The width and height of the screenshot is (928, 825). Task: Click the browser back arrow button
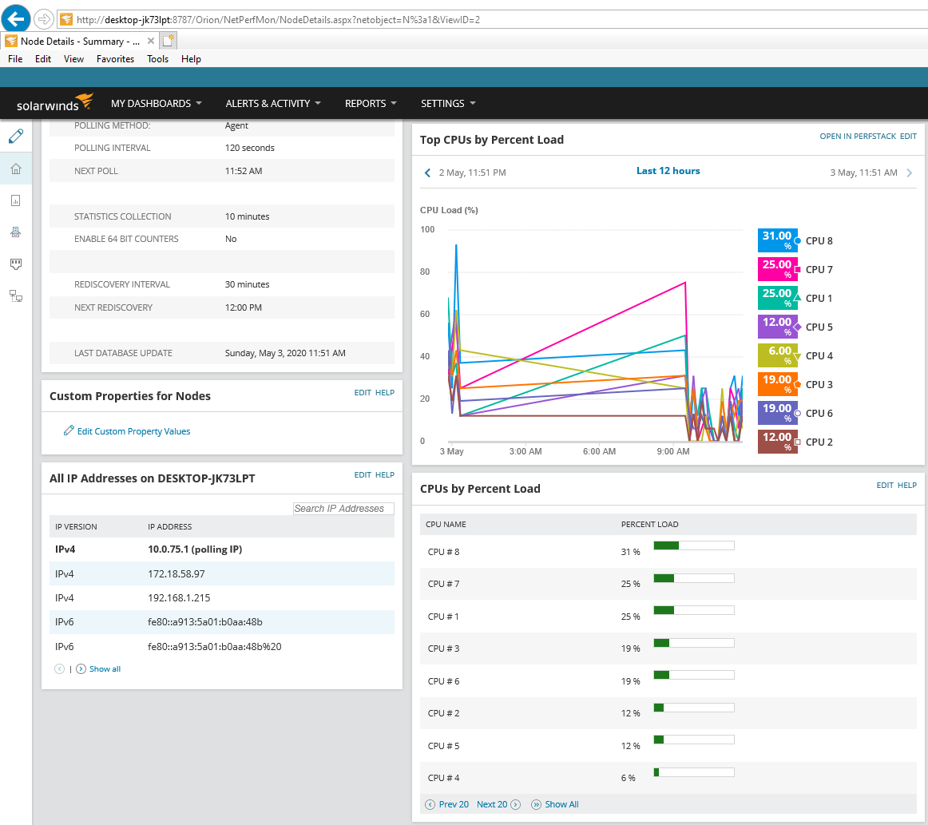[16, 19]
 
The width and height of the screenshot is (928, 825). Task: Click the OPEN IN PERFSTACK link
[858, 136]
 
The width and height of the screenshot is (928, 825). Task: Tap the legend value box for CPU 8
[777, 240]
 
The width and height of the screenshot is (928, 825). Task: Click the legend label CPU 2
[819, 442]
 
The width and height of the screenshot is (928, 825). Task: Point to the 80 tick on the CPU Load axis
[425, 272]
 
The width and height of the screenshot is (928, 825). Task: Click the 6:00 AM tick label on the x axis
[599, 451]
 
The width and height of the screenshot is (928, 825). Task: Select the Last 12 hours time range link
[668, 171]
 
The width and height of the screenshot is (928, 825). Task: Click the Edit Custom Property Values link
[133, 431]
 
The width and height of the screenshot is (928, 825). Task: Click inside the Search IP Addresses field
[343, 509]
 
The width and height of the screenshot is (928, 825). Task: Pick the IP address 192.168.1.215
[179, 597]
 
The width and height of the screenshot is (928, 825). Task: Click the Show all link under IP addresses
[105, 668]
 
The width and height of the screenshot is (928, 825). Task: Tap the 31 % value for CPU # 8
[630, 552]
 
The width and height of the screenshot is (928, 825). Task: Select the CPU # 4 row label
[444, 778]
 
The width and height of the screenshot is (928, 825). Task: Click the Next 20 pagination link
[492, 804]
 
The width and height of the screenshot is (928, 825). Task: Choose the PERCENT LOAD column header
[649, 525]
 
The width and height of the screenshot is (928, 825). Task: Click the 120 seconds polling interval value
[250, 148]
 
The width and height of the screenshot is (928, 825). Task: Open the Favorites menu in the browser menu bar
[116, 59]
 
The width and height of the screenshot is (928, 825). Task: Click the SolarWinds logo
[54, 103]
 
